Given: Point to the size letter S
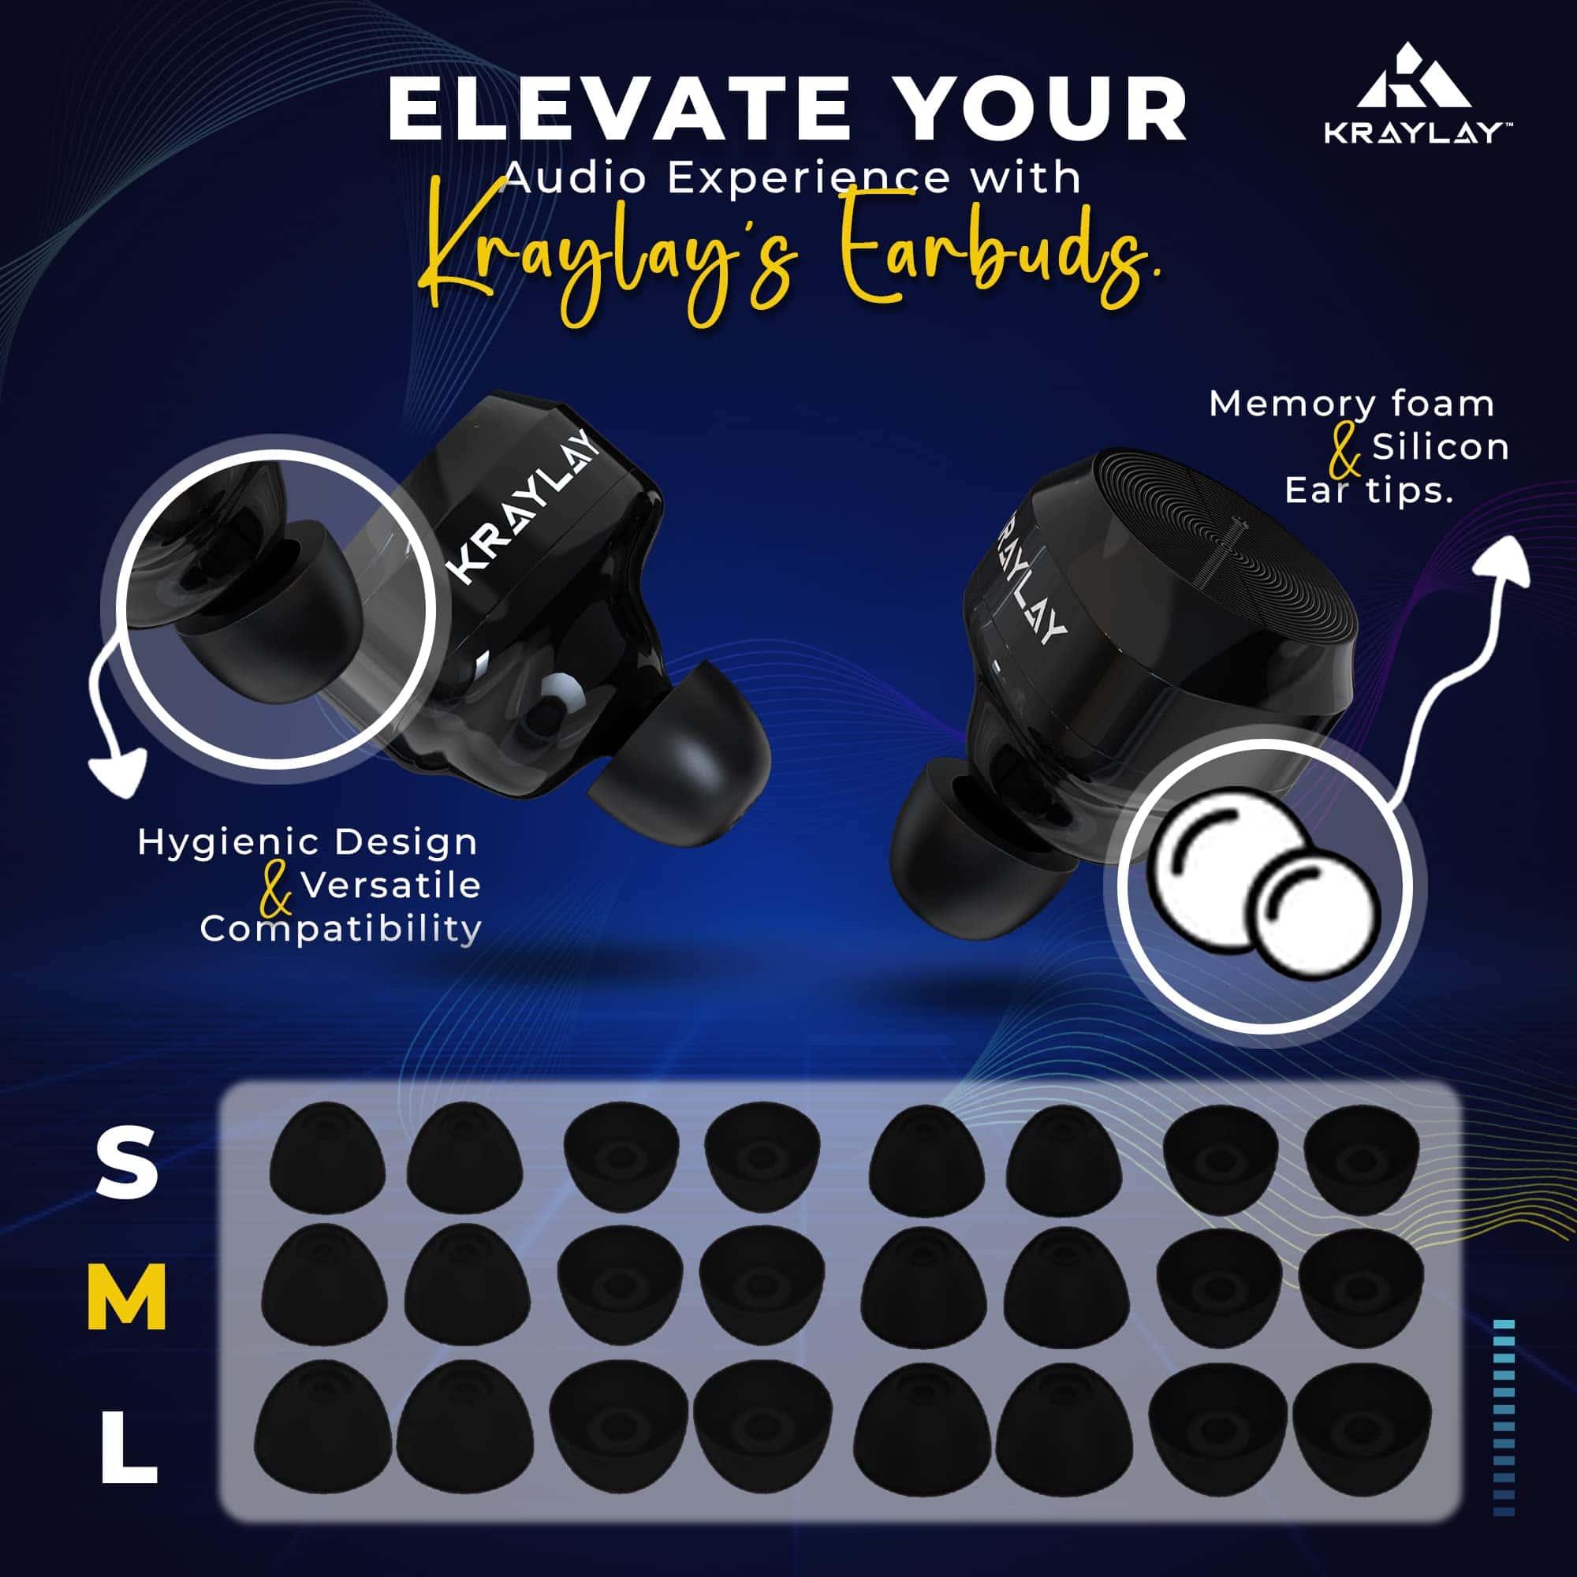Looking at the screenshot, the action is pyautogui.click(x=126, y=1161).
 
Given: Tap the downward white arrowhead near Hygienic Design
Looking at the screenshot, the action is pyautogui.click(x=116, y=771).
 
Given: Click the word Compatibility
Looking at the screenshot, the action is pyautogui.click(x=341, y=930).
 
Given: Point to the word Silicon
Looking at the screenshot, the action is pyautogui.click(x=1441, y=446).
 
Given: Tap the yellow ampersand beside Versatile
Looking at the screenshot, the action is pyautogui.click(x=276, y=892).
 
